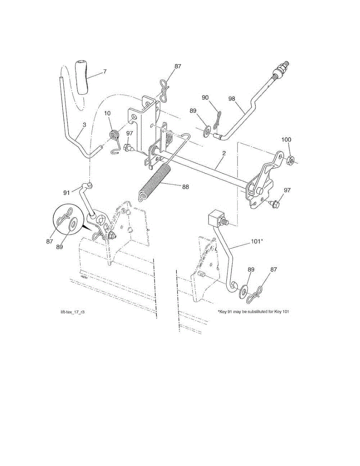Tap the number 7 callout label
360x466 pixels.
tap(94, 71)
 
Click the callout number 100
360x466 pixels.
tap(286, 139)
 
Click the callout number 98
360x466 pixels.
tap(232, 99)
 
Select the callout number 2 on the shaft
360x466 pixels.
tap(224, 153)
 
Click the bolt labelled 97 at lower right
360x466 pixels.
tap(275, 203)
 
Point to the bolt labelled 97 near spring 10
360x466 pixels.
tap(129, 148)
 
